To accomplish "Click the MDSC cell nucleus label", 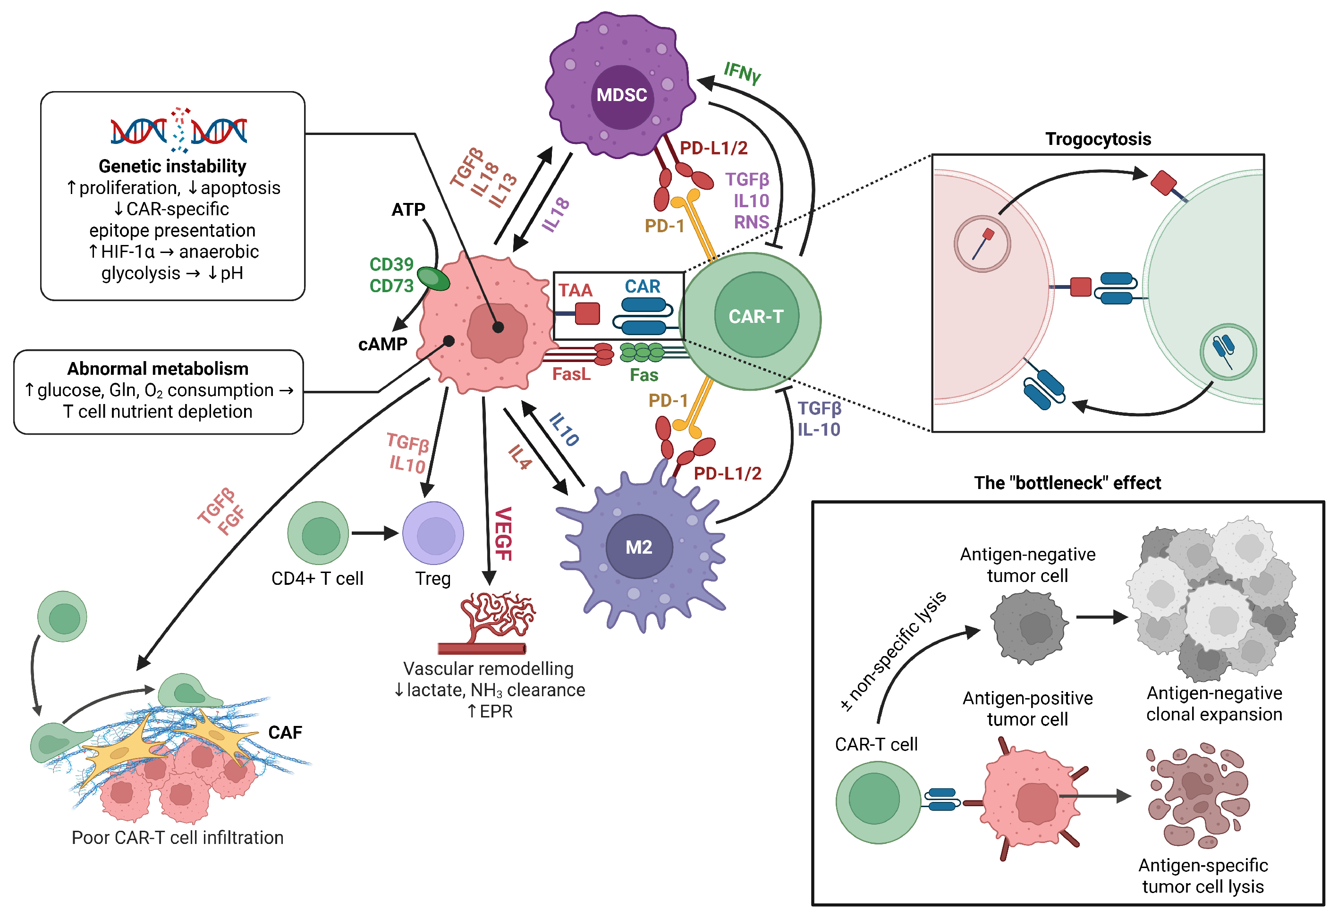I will [621, 95].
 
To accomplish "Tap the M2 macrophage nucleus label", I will [639, 547].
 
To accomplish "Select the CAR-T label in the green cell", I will [756, 316].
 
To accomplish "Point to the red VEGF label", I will [503, 534].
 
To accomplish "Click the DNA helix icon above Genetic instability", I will [178, 130].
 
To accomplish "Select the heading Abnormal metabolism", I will [158, 369].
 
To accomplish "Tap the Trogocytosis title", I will [1098, 139].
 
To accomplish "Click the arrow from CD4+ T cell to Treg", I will [375, 533].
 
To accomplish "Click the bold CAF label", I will [285, 733].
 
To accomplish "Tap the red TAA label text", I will [575, 290].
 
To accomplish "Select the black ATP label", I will [408, 210].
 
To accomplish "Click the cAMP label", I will [382, 345].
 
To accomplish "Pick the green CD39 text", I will [392, 264].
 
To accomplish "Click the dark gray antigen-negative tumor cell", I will [1029, 626].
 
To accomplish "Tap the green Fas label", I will [644, 375].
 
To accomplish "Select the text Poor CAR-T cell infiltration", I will [178, 837].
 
